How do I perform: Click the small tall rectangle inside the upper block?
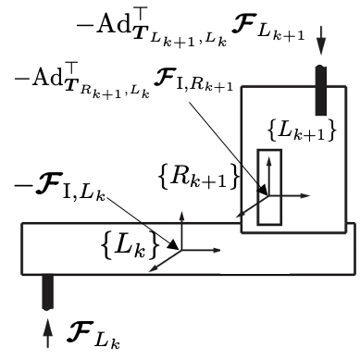[268, 187]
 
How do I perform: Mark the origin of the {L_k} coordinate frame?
[182, 249]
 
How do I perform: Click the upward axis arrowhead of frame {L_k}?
[182, 213]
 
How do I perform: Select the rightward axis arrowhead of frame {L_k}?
[218, 249]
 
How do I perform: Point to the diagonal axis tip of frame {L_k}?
[152, 268]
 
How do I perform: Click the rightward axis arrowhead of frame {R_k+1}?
[309, 196]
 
